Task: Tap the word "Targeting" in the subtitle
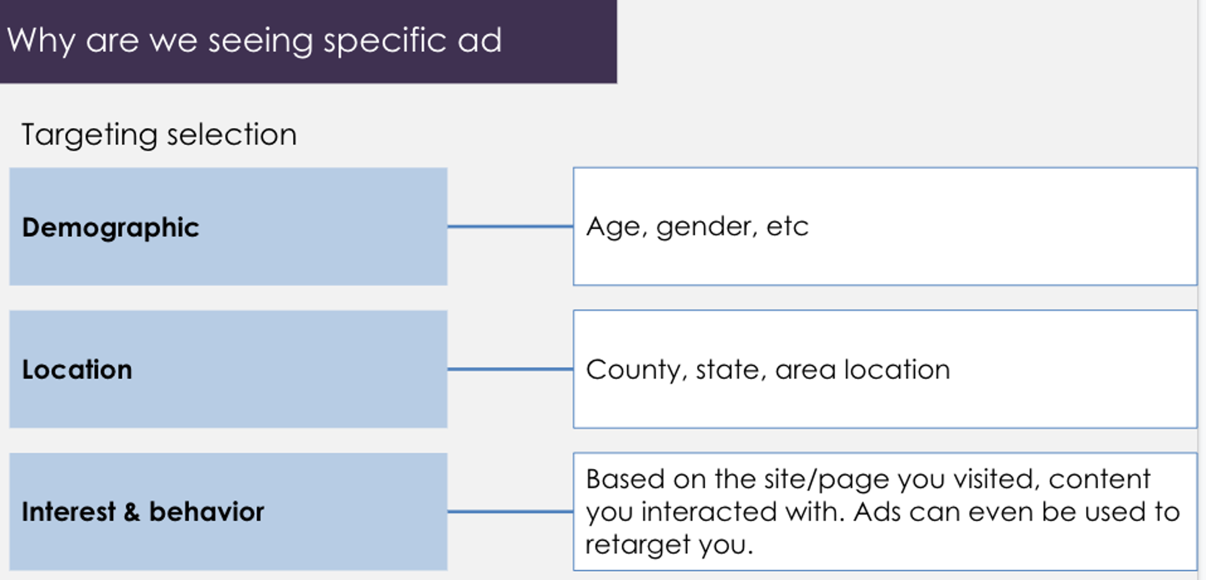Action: point(89,135)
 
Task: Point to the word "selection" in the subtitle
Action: point(232,134)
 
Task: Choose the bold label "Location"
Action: point(77,370)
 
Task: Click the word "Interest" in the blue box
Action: point(68,512)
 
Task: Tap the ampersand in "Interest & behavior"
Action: point(132,512)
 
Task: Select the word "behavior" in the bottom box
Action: point(207,512)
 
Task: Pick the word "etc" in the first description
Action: point(788,227)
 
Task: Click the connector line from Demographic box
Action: point(510,227)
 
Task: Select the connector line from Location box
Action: point(510,369)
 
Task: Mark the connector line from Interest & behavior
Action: point(510,512)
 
